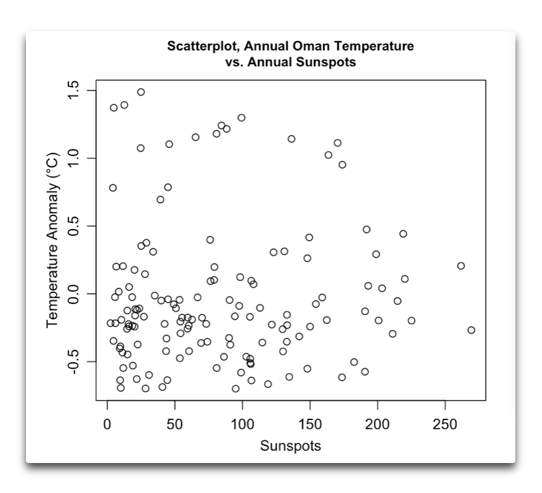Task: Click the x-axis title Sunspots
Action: (290, 447)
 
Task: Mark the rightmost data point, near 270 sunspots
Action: (471, 330)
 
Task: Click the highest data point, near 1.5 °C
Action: (141, 92)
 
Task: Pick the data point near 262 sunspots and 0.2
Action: (461, 266)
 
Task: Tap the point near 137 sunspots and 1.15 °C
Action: (291, 139)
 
